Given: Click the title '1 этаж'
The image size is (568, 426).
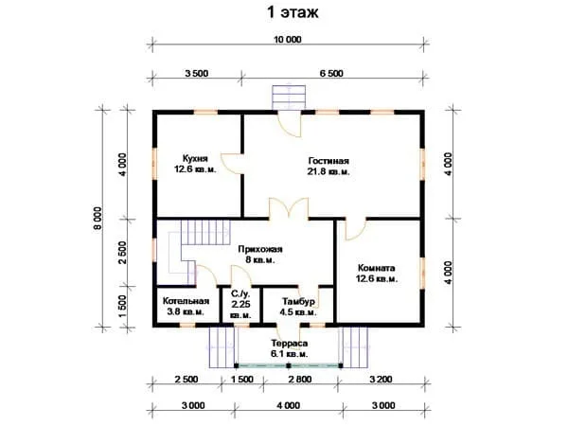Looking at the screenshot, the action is pyautogui.click(x=293, y=12).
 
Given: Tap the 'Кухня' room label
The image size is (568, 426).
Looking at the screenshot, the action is pyautogui.click(x=195, y=159).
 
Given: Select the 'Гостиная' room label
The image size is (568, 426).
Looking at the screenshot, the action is pyautogui.click(x=328, y=161).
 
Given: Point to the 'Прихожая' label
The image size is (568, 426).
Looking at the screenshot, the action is pyautogui.click(x=260, y=249).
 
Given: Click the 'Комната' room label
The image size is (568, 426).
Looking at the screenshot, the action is pyautogui.click(x=377, y=269).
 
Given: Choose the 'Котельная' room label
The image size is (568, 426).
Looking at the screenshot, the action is pyautogui.click(x=186, y=301).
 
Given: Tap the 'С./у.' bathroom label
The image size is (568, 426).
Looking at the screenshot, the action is pyautogui.click(x=240, y=294).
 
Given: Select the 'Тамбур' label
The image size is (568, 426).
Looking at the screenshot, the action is pyautogui.click(x=298, y=302).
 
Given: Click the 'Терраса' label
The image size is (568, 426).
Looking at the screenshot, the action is pyautogui.click(x=290, y=344).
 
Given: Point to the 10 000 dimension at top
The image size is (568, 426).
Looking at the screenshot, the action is pyautogui.click(x=287, y=40).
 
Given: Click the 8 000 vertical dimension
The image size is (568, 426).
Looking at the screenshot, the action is pyautogui.click(x=98, y=219).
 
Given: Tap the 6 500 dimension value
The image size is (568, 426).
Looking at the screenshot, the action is pyautogui.click(x=331, y=74).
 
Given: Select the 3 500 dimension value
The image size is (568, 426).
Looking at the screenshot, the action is pyautogui.click(x=197, y=74).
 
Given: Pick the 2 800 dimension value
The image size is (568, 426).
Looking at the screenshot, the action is pyautogui.click(x=300, y=380).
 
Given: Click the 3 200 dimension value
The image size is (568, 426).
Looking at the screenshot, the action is pyautogui.click(x=381, y=380).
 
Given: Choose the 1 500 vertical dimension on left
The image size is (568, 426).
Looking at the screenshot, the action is pyautogui.click(x=122, y=307).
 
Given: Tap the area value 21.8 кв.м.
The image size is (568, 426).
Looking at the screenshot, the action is pyautogui.click(x=328, y=172).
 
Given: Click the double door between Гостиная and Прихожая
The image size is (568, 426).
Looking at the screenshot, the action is pyautogui.click(x=289, y=208).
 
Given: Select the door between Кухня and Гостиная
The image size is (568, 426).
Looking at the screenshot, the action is pyautogui.click(x=232, y=164).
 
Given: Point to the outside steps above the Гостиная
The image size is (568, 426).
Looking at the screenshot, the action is pyautogui.click(x=289, y=97).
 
